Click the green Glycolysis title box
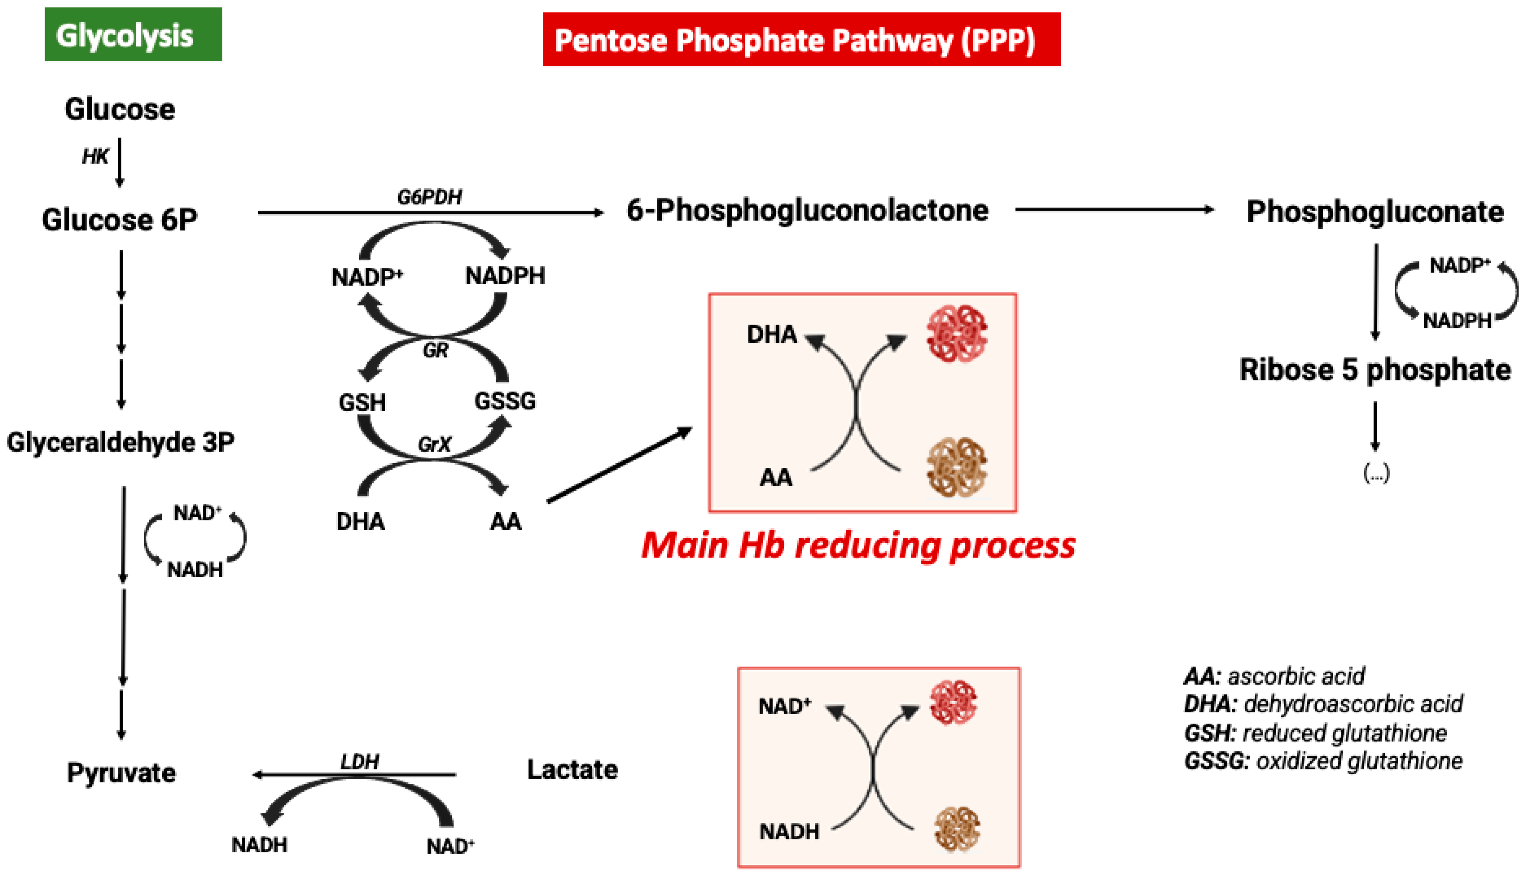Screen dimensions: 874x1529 coord(133,34)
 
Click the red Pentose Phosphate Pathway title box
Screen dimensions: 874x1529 coord(801,39)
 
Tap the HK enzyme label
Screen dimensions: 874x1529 coord(95,157)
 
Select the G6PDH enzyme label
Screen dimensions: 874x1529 coord(430,197)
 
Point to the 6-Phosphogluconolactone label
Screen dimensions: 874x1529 coord(807,211)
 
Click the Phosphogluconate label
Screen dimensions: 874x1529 coord(1375,212)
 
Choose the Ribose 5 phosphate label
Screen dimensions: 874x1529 coord(1375,370)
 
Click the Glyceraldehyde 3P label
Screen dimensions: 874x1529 coord(120,442)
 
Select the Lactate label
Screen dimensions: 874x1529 coord(572,770)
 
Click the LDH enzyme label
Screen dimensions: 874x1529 coord(360,762)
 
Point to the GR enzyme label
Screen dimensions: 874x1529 coord(435,350)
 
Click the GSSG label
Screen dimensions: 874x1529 coord(505,401)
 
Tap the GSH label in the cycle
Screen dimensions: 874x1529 coord(362,402)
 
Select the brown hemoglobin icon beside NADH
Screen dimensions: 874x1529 coord(957,829)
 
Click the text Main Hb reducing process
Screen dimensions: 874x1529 coord(858,545)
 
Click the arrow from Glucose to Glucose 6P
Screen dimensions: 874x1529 coord(120,162)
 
